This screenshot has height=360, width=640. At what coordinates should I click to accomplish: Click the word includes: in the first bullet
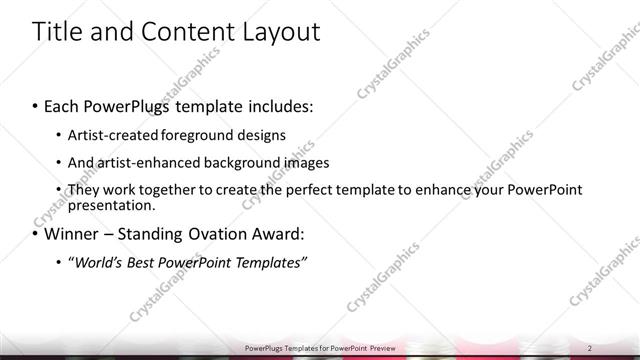[x=277, y=105]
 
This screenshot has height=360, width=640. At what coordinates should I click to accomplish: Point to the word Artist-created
[x=111, y=134]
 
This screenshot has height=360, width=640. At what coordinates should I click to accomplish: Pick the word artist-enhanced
[x=139, y=162]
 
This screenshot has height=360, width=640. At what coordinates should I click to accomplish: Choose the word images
[x=301, y=162]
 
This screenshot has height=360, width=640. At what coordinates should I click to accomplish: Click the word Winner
[x=71, y=235]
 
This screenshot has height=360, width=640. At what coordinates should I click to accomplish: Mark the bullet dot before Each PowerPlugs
[x=36, y=105]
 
